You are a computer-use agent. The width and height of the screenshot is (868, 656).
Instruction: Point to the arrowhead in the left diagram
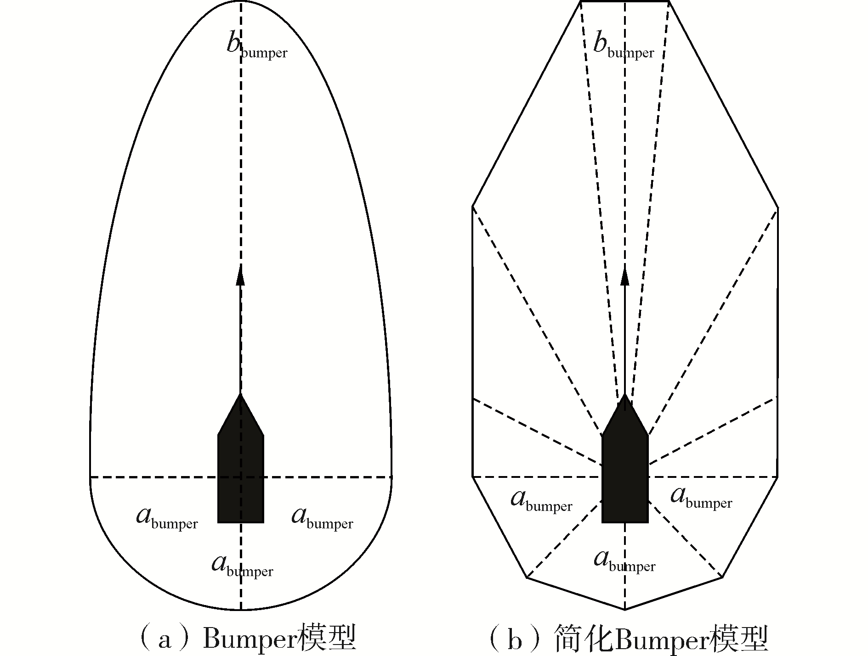click(x=240, y=276)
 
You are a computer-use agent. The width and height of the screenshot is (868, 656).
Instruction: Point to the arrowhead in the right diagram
click(x=625, y=276)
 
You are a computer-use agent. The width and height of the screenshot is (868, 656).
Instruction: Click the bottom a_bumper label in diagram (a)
click(x=242, y=566)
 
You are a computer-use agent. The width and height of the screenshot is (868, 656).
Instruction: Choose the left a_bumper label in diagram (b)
click(x=541, y=501)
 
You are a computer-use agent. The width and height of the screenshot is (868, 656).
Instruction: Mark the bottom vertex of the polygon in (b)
click(x=625, y=610)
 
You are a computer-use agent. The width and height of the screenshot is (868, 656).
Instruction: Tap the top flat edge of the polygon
click(x=624, y=2)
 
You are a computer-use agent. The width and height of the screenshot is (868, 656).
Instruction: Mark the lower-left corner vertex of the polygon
click(x=527, y=577)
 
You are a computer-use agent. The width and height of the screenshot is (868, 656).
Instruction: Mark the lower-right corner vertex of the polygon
click(x=722, y=577)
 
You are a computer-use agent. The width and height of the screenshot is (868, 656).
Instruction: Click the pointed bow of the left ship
click(x=240, y=395)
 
